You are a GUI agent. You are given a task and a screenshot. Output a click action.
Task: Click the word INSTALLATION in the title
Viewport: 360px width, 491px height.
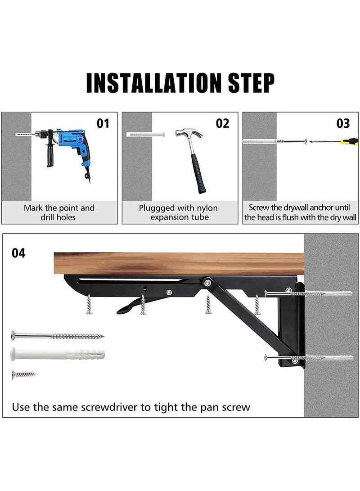coord(154,83)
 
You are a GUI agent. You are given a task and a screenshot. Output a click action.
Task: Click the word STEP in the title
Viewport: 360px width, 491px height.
coord(252,83)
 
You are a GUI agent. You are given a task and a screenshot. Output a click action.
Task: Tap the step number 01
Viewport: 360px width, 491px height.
coord(103,123)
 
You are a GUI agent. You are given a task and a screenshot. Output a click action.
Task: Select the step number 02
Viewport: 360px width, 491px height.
coord(223,123)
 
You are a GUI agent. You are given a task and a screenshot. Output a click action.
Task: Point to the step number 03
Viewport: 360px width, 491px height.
coord(343,123)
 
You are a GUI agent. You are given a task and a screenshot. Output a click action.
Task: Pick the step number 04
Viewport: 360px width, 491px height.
coord(18,253)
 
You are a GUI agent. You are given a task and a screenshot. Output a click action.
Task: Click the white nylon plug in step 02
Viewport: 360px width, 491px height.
coord(145,134)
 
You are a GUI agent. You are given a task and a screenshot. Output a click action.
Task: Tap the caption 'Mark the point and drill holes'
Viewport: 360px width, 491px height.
coord(59,212)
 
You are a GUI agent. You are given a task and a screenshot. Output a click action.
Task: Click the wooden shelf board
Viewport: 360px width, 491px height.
coord(179,263)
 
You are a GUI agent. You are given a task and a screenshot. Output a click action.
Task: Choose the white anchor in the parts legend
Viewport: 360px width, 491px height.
coord(58,354)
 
